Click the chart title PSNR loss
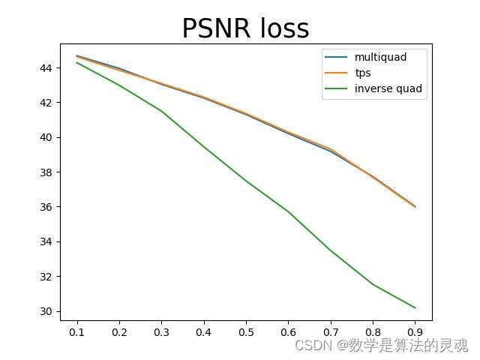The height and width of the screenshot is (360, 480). [245, 28]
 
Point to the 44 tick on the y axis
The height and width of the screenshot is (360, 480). [47, 68]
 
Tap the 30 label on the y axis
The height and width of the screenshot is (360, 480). [47, 311]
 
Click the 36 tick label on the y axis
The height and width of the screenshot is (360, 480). [47, 207]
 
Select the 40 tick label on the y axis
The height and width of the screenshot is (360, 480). [47, 137]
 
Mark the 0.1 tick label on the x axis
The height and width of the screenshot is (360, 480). [77, 332]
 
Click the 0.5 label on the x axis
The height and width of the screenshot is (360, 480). [246, 332]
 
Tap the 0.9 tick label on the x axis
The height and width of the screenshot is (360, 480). [415, 332]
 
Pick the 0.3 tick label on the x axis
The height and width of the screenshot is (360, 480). [161, 332]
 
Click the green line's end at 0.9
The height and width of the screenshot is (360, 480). [415, 307]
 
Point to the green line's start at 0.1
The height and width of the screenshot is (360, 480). [77, 62]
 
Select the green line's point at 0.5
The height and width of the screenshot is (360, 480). [246, 181]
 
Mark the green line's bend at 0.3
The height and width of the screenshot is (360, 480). [161, 111]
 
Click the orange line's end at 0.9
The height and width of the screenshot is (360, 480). [415, 206]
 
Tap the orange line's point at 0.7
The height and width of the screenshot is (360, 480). [331, 149]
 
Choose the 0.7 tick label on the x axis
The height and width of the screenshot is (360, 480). [331, 332]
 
